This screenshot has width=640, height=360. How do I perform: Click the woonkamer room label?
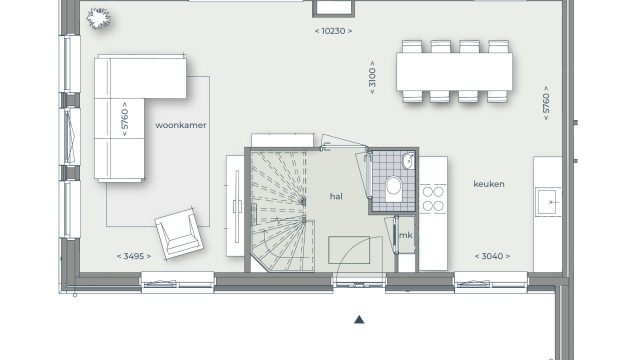[181, 125]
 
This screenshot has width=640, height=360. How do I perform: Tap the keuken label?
[489, 184]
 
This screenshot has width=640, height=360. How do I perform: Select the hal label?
[336, 196]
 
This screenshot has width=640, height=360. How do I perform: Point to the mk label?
[406, 236]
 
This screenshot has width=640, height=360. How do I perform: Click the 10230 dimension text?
[333, 31]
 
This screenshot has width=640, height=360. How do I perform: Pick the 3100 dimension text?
[372, 78]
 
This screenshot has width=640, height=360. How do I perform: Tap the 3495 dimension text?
[134, 256]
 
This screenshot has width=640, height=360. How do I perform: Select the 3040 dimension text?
[492, 256]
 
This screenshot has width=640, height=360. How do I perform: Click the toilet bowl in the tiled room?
[393, 189]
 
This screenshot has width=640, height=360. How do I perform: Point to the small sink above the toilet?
[408, 162]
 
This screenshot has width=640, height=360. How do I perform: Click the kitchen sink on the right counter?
[548, 202]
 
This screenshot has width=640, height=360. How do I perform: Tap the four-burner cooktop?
[433, 199]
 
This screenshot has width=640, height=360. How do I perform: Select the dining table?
[454, 72]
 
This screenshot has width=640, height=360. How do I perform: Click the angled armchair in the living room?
[178, 233]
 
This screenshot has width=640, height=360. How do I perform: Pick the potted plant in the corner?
[98, 18]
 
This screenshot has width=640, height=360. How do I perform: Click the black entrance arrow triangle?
[359, 320]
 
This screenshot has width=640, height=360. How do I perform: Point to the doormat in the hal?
[349, 250]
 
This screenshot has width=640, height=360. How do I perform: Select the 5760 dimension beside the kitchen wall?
[546, 103]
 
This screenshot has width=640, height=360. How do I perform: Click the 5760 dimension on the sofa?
[124, 119]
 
